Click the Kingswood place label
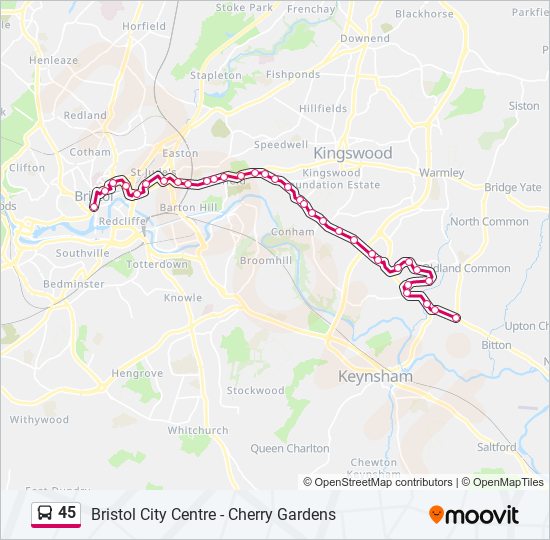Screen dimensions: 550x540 coord(353,153)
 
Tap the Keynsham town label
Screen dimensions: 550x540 coord(375,377)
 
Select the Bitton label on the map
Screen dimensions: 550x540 coord(496,344)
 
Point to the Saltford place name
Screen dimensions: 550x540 coord(497,447)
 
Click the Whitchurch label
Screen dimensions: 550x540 coord(197,430)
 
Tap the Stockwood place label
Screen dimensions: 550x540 coord(255,391)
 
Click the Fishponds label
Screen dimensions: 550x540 coord(293,74)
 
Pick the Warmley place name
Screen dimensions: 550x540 coord(441,172)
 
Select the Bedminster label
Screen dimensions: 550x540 coord(74,284)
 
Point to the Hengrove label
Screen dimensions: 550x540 coord(137,373)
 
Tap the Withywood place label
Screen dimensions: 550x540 coord(39,420)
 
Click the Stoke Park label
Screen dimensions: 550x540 coord(244,7)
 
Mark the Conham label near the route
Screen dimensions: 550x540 coord(292,231)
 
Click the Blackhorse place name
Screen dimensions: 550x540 coord(424,14)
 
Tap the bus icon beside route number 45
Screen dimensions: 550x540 coord(45,514)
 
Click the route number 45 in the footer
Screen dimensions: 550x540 coord(67,513)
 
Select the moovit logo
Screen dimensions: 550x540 coord(474,515)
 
